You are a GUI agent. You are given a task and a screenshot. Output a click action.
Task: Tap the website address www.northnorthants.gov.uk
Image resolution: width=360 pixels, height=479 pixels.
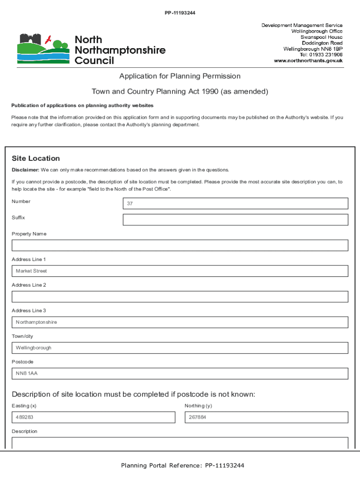308,61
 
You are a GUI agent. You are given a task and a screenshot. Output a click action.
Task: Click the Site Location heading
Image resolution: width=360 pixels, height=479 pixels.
36,159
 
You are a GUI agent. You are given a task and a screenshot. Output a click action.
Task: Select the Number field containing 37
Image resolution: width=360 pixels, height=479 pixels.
235,203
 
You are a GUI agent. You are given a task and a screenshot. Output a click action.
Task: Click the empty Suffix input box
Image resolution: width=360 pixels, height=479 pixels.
235,220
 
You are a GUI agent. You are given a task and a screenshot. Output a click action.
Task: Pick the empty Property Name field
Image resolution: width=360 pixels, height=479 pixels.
180,246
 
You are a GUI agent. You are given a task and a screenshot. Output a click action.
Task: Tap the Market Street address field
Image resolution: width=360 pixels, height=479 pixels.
180,271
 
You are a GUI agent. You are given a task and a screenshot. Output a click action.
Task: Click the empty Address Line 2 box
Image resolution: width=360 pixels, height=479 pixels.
180,297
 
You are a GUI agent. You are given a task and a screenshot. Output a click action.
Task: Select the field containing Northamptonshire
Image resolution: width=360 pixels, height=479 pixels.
180,322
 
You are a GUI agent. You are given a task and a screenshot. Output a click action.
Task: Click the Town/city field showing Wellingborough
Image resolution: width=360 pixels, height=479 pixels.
180,348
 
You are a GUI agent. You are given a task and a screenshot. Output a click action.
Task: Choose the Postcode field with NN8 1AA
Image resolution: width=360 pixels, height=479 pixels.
180,374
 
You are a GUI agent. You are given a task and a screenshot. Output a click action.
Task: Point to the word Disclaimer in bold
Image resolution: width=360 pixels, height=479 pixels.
25,170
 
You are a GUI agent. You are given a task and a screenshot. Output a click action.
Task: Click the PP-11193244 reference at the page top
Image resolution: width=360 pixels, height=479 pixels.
180,13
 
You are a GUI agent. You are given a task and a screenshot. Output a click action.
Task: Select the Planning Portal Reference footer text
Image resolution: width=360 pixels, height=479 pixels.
182,465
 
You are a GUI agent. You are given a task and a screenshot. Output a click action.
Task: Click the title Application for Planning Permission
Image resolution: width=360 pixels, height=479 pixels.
180,76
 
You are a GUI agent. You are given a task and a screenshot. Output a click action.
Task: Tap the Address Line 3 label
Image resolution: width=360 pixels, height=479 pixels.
29,311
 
